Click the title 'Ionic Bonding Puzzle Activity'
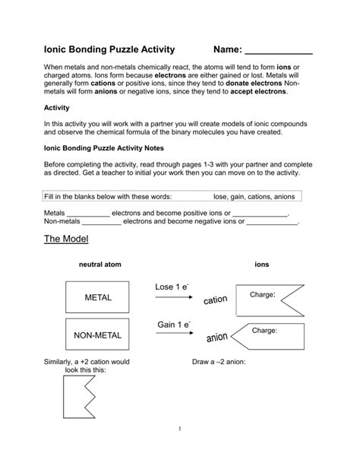click(x=109, y=49)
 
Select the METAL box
click(x=98, y=297)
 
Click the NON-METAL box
click(x=98, y=334)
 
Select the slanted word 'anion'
click(x=217, y=335)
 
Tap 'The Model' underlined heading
click(x=66, y=239)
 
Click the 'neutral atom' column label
click(x=99, y=265)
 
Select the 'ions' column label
click(x=261, y=265)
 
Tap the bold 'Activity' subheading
click(x=57, y=108)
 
